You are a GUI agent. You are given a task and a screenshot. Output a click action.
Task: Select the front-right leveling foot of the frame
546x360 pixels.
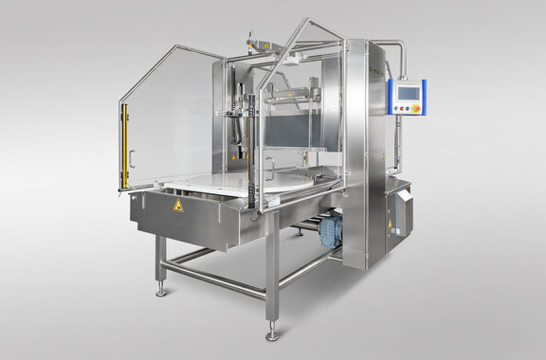click(272, 334)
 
